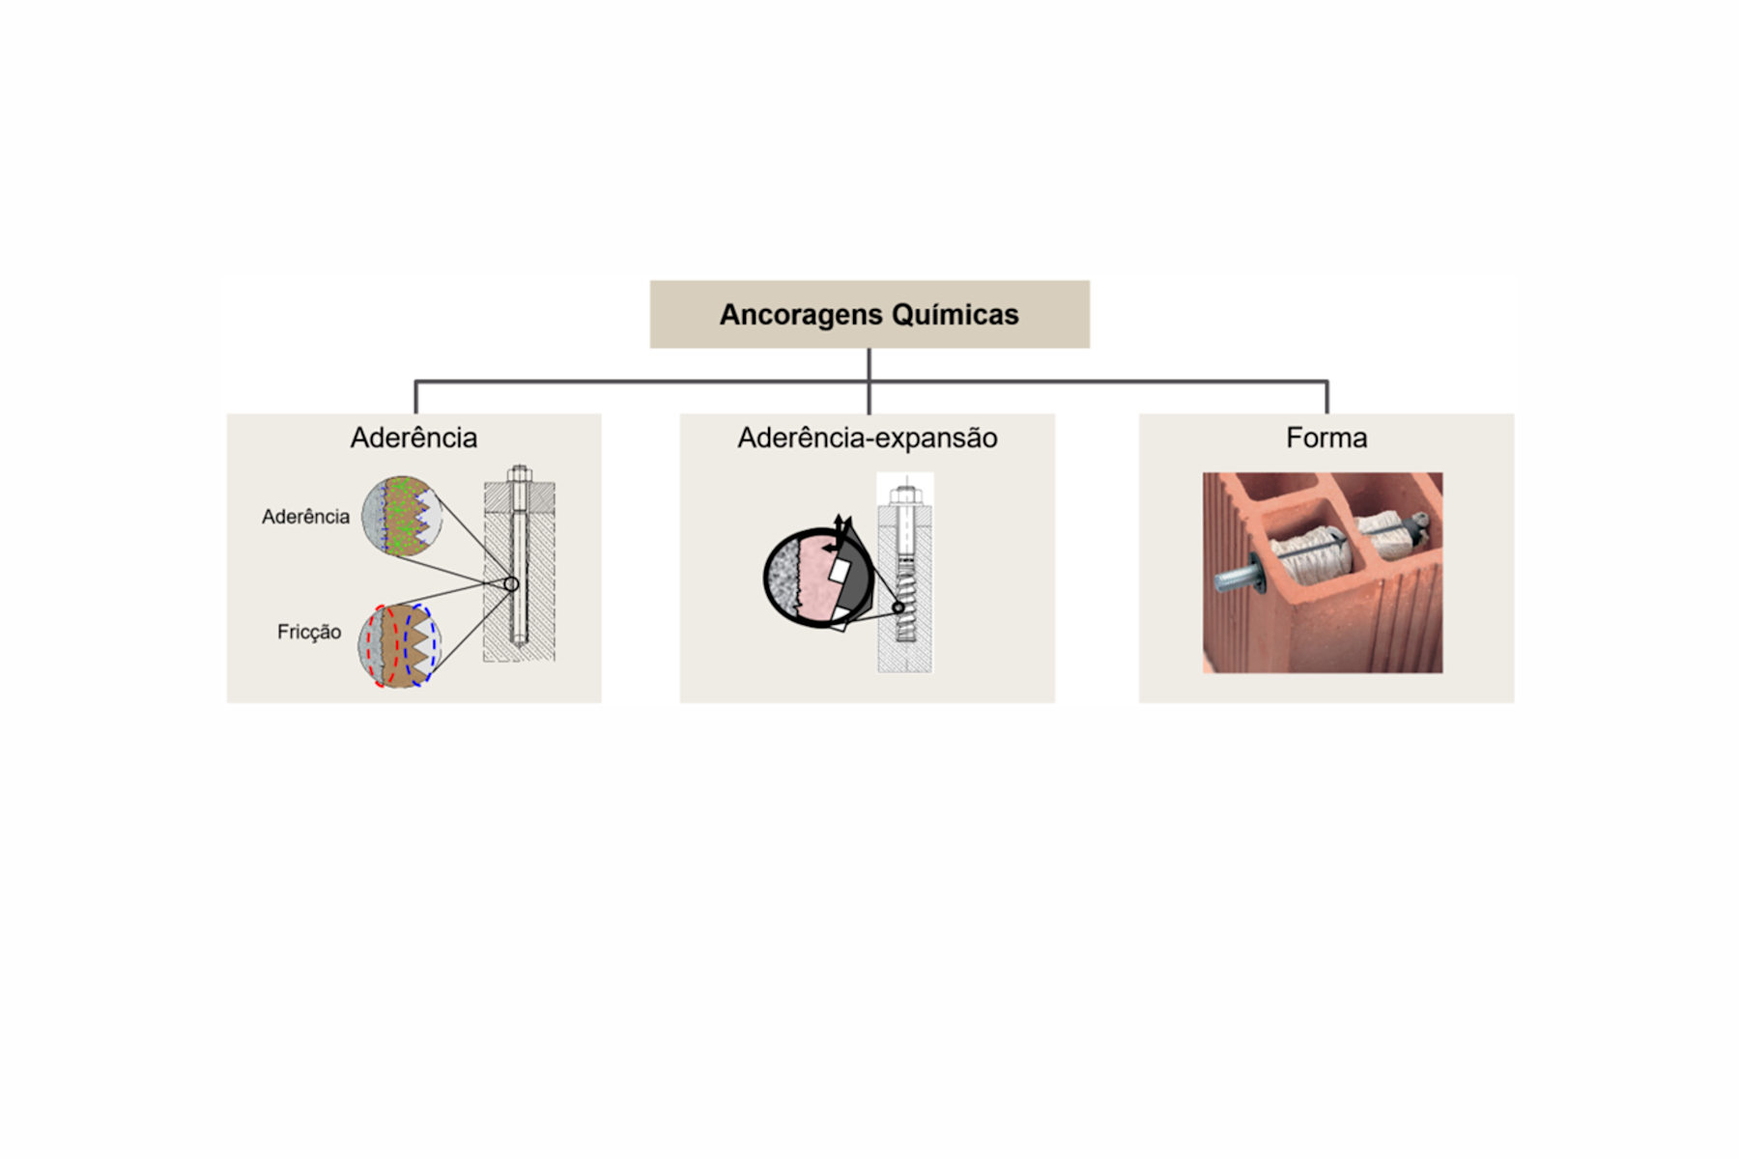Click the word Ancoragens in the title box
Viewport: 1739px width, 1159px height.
pyautogui.click(x=801, y=315)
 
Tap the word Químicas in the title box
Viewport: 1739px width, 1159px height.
pyautogui.click(x=955, y=315)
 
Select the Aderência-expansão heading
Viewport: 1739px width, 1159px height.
pyautogui.click(x=868, y=438)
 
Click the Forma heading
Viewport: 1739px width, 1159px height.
pyautogui.click(x=1326, y=438)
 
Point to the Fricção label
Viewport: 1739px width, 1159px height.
pyautogui.click(x=309, y=632)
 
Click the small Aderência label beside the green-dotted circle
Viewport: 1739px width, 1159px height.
pyautogui.click(x=305, y=517)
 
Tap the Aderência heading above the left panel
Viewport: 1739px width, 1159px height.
pyautogui.click(x=413, y=438)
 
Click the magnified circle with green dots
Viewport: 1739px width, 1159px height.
pyautogui.click(x=402, y=516)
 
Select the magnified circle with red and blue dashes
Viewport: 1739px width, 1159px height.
pyautogui.click(x=398, y=645)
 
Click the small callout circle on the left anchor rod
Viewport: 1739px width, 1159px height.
pyautogui.click(x=511, y=584)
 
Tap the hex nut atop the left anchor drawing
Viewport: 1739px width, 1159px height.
pyautogui.click(x=519, y=473)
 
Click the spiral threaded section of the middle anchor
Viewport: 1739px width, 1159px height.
pyautogui.click(x=905, y=601)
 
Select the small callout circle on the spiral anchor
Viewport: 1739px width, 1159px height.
pyautogui.click(x=898, y=608)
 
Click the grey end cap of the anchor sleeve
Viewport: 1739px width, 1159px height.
pyautogui.click(x=1416, y=524)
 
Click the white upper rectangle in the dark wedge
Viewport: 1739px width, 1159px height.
pyautogui.click(x=839, y=571)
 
